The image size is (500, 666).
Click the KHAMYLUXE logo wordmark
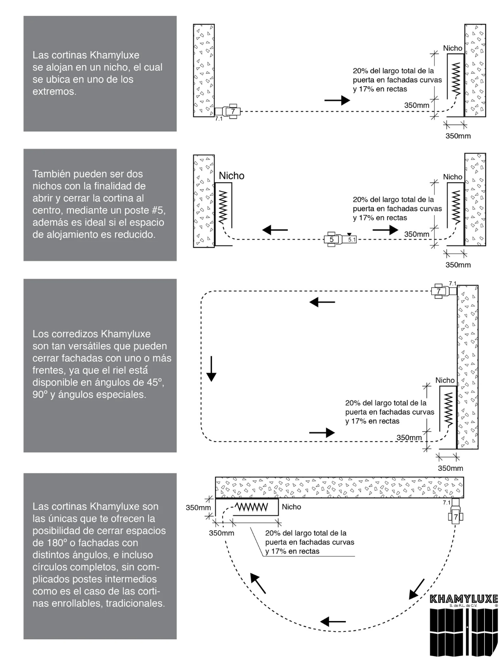(464, 599)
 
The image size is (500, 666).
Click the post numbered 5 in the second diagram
(332, 239)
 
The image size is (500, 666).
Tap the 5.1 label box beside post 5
(352, 240)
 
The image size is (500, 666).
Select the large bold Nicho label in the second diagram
(232, 176)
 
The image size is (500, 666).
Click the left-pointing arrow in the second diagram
(275, 229)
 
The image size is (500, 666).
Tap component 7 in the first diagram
(233, 111)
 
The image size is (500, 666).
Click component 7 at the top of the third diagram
(439, 291)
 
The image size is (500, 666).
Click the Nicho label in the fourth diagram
(291, 507)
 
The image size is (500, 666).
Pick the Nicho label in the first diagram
(452, 48)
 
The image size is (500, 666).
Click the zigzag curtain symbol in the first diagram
(456, 79)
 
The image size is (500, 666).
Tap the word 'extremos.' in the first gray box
(55, 92)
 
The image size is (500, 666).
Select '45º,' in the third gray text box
(152, 382)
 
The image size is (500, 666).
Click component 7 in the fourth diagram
(456, 517)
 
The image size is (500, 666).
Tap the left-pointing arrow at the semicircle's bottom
(333, 622)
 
